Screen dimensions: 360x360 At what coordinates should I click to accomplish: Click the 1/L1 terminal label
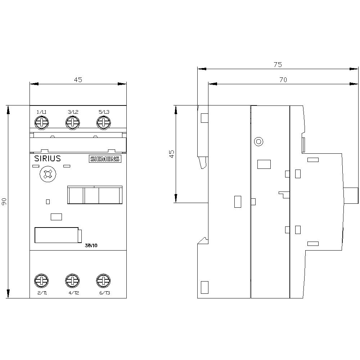click(x=42, y=113)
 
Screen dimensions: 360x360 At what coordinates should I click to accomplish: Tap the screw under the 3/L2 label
click(x=72, y=123)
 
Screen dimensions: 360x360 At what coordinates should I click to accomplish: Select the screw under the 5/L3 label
click(x=103, y=123)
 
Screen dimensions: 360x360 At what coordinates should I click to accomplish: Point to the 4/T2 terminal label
click(x=74, y=293)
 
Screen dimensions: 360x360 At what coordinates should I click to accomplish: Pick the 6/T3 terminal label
click(x=104, y=293)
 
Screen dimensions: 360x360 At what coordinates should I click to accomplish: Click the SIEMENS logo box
click(x=105, y=159)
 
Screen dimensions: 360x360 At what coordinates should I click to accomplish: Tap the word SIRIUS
click(x=48, y=159)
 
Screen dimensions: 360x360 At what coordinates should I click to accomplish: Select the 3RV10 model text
click(x=91, y=246)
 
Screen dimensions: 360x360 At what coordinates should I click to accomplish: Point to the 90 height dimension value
click(x=4, y=202)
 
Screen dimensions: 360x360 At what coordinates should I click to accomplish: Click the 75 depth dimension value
click(x=278, y=65)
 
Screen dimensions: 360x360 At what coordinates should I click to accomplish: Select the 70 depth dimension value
click(x=283, y=80)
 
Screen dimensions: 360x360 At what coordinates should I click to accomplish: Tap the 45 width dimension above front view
click(x=78, y=80)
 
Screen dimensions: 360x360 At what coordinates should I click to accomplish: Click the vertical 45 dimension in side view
click(x=172, y=154)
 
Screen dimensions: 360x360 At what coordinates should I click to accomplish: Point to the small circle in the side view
click(x=258, y=141)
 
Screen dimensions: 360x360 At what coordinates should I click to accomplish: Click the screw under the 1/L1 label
click(x=41, y=123)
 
